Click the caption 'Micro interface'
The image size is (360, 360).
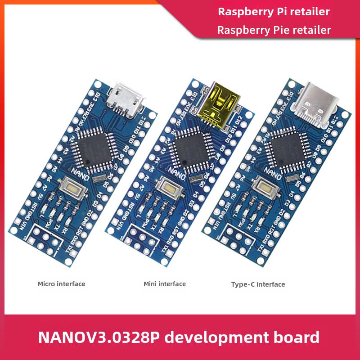pyautogui.click(x=61, y=284)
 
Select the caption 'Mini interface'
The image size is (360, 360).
pyautogui.click(x=165, y=284)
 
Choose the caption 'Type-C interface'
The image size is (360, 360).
pyautogui.click(x=258, y=284)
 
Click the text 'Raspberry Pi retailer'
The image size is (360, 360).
pyautogui.click(x=274, y=12)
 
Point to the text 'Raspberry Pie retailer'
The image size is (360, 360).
pyautogui.click(x=274, y=30)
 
